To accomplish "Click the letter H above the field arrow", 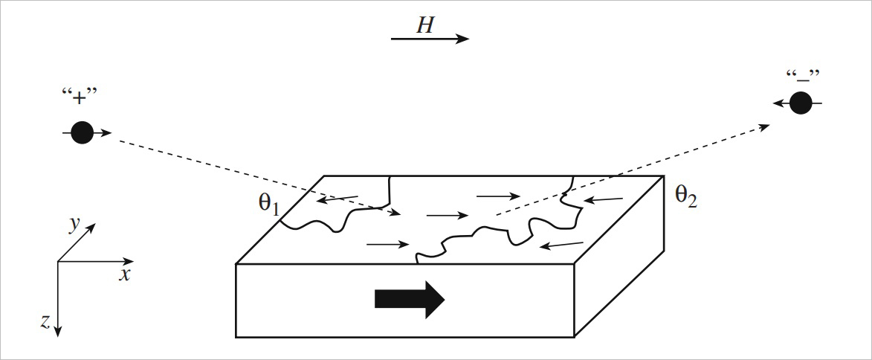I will pos(424,25).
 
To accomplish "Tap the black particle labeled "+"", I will pos(82,133).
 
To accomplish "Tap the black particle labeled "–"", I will pos(801,103).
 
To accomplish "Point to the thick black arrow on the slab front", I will pos(410,298).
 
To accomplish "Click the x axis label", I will pos(125,275).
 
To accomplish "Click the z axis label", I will pos(45,321).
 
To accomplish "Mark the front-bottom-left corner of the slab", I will pos(236,337).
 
